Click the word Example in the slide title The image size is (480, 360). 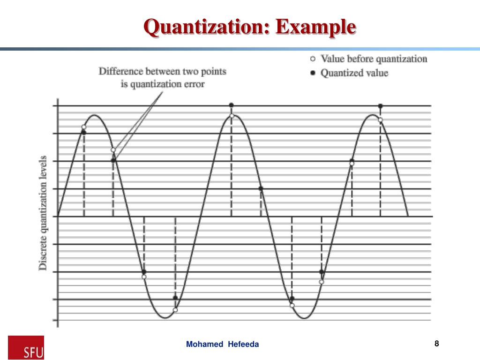click(x=315, y=26)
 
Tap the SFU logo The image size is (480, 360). click(x=26, y=347)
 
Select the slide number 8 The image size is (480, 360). click(x=436, y=344)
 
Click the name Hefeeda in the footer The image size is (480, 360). click(x=243, y=345)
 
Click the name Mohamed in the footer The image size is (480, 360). click(x=205, y=345)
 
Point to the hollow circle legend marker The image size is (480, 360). click(x=313, y=59)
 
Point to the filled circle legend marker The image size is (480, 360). click(x=313, y=73)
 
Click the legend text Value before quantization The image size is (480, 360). click(x=374, y=59)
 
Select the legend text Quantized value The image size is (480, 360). click(x=354, y=73)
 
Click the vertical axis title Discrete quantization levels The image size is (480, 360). click(x=43, y=212)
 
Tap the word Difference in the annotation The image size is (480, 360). click(x=121, y=72)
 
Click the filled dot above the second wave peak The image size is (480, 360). click(x=231, y=105)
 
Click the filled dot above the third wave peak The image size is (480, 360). click(x=380, y=106)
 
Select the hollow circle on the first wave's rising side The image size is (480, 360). click(x=84, y=127)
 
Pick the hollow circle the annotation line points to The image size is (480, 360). click(x=113, y=150)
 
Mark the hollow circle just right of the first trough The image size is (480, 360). click(x=175, y=309)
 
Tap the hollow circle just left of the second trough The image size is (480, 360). click(x=292, y=305)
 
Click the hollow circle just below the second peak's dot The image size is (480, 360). click(x=231, y=115)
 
